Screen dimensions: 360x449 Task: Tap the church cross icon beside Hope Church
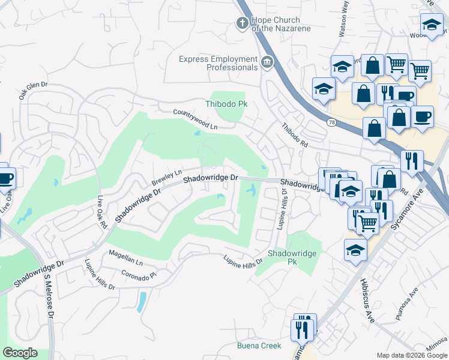pyautogui.click(x=242, y=23)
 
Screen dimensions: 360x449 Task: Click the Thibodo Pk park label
pyautogui.click(x=227, y=104)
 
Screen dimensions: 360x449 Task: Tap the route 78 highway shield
pyautogui.click(x=331, y=122)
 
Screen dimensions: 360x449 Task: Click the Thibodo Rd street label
pyautogui.click(x=295, y=136)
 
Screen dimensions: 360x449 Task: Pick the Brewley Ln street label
pyautogui.click(x=166, y=177)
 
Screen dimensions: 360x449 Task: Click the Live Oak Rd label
pyautogui.click(x=101, y=212)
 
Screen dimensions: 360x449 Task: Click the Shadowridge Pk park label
pyautogui.click(x=292, y=258)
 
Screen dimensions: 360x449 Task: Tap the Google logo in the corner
pyautogui.click(x=20, y=353)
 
